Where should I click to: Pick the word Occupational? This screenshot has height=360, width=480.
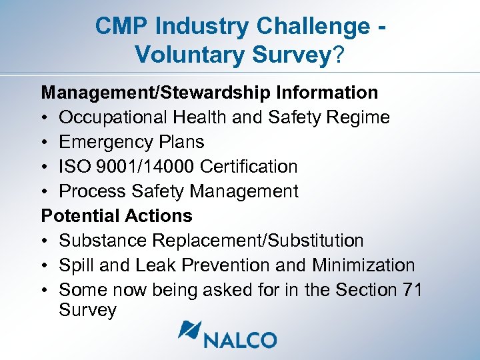pos(113,117)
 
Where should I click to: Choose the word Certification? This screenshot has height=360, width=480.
pos(250,167)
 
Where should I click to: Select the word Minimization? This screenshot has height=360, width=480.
pos(363,265)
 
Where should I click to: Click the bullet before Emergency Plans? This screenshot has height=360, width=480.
pos(45,143)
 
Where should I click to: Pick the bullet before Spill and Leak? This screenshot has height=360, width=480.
pos(45,266)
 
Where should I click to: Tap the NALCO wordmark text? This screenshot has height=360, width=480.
pos(241,339)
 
